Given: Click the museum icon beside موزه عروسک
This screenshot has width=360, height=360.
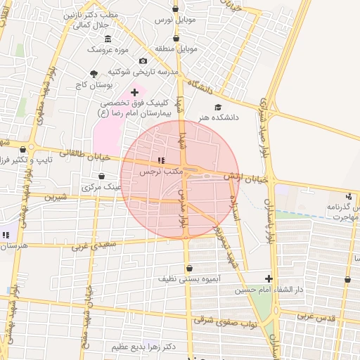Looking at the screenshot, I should [x=108, y=39].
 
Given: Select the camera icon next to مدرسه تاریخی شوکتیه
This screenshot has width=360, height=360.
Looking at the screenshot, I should [x=143, y=61].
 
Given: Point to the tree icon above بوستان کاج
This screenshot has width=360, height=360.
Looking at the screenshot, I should [x=94, y=74].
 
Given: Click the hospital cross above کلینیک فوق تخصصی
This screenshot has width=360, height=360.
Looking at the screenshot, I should [x=134, y=92].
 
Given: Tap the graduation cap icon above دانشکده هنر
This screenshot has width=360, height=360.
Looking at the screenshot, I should [x=217, y=106].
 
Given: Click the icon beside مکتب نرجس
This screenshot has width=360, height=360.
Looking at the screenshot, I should [x=161, y=160].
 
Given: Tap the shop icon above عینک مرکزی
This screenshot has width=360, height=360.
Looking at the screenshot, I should [x=102, y=176].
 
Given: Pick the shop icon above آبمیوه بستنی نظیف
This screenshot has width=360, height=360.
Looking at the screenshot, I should [x=189, y=268].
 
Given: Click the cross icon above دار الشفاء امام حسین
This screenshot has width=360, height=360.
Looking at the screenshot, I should [x=269, y=278].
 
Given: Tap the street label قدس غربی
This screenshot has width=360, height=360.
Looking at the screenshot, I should [x=314, y=317].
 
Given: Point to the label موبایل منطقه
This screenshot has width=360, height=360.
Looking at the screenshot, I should [x=193, y=49].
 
